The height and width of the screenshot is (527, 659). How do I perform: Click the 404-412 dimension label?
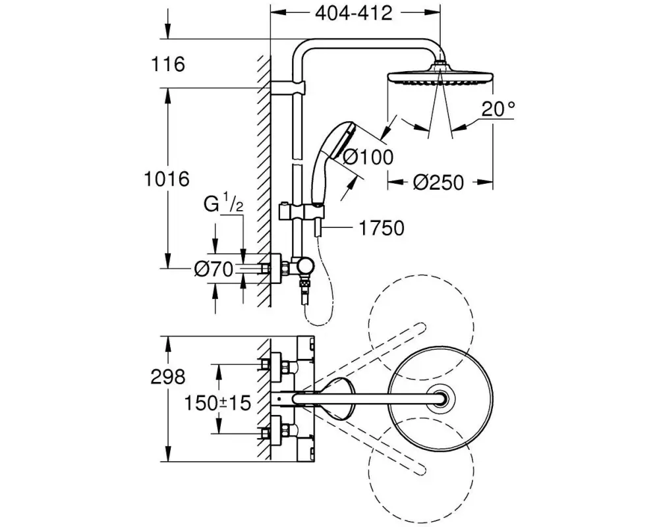point(353,13)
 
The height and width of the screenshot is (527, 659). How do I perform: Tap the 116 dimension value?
point(167,65)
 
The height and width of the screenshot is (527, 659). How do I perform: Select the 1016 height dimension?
point(167,179)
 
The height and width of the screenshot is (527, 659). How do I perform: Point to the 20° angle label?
point(498,109)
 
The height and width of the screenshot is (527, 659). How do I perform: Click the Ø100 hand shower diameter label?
point(368,157)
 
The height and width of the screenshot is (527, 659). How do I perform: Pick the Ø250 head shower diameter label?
point(438,182)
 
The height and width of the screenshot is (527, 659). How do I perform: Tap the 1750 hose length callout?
point(382,228)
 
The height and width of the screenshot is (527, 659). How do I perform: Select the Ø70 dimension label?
point(214,269)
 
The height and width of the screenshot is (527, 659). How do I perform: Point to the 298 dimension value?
point(168,377)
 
